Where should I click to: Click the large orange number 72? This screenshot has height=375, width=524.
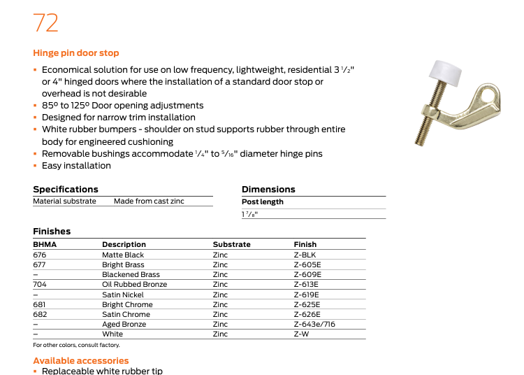coord(45,23)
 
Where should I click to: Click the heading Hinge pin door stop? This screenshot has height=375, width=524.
coord(75,53)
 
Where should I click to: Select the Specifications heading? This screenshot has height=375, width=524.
coord(66,189)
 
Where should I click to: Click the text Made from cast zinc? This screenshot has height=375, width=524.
coord(149,201)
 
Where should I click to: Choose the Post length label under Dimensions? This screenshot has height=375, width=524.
coord(262,202)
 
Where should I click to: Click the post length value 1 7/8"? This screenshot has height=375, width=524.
coord(249,214)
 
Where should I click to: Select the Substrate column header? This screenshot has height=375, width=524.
coord(231,244)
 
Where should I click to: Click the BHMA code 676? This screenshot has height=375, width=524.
coord(39,255)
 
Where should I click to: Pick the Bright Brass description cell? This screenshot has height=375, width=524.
coord(123,265)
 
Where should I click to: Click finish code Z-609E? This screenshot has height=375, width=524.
coord(307,275)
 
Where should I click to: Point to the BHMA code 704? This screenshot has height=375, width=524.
coord(39,285)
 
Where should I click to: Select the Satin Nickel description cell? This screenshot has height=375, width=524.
coord(123,295)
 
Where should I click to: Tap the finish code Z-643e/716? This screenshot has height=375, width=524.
coord(314,325)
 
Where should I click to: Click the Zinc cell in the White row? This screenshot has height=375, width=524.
coord(220,334)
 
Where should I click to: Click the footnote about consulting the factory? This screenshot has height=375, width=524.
coord(76,345)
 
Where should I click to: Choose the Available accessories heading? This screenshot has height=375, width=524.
coord(81,361)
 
